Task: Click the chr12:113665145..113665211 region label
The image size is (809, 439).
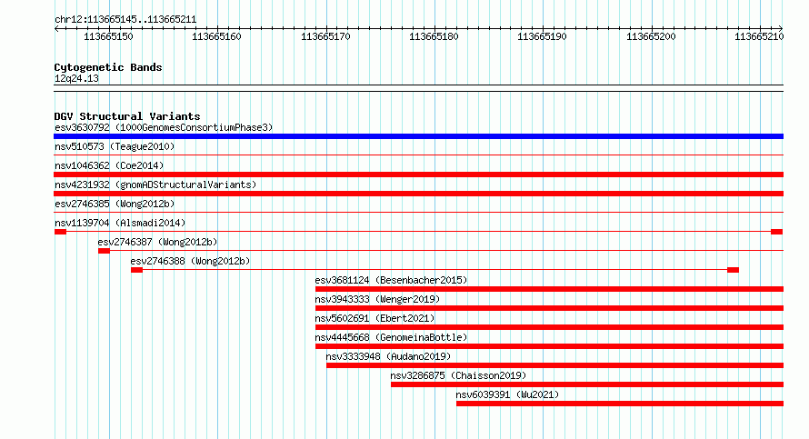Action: [x=125, y=20]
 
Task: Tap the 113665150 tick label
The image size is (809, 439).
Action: [x=108, y=36]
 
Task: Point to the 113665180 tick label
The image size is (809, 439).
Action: [x=434, y=36]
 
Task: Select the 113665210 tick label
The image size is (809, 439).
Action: [x=759, y=36]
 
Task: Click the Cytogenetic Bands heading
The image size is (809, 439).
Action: [x=108, y=67]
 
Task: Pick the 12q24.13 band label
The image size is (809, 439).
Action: [x=76, y=78]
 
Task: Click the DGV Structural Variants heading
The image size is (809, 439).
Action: [x=127, y=116]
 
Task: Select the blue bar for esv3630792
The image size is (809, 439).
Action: [x=418, y=136]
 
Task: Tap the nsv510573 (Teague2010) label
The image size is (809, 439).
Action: [x=115, y=146]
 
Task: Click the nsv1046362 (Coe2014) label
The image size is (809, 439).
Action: [x=109, y=165]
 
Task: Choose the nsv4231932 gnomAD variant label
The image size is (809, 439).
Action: [x=155, y=185]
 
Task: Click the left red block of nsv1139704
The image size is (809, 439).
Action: [x=60, y=232]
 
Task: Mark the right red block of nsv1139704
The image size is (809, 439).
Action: [x=777, y=232]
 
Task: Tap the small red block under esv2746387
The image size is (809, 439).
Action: [x=104, y=251]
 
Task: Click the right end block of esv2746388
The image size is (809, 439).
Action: [x=733, y=270]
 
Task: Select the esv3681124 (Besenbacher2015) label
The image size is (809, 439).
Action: [x=391, y=280]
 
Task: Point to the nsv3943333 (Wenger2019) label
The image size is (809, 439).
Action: [x=377, y=299]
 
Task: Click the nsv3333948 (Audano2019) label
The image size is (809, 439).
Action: [x=388, y=356]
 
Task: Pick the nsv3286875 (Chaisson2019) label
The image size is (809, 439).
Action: [x=459, y=375]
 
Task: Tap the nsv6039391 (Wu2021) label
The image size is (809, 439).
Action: [x=507, y=394]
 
